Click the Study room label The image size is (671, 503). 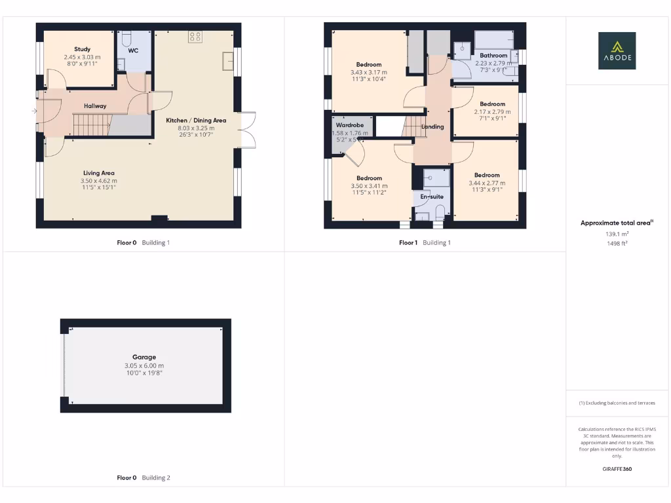tap(82, 49)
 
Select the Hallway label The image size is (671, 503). tap(95, 106)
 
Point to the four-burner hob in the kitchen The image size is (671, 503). tap(195, 37)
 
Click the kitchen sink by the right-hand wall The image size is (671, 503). tap(227, 61)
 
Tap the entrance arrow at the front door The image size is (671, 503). tap(34, 111)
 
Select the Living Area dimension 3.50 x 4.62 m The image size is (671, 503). tap(99, 181)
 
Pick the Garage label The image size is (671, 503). tap(144, 358)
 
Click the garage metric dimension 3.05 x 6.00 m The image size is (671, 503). tap(144, 365)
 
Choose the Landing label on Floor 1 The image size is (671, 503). tap(432, 126)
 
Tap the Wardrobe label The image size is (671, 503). tap(350, 125)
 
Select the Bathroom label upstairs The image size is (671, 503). tap(493, 56)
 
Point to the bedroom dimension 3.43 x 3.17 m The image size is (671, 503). tap(369, 72)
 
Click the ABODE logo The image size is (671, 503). tap(617, 51)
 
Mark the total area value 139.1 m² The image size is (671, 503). tap(617, 233)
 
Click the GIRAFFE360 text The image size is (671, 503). tap(617, 469)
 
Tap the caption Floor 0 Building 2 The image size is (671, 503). tap(144, 478)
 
